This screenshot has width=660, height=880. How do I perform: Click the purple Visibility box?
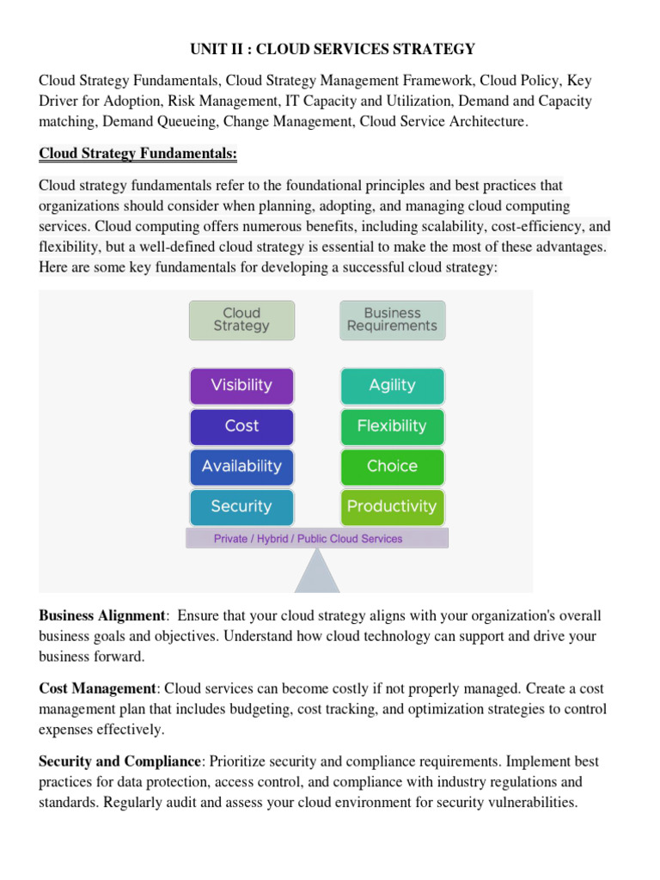coord(241,386)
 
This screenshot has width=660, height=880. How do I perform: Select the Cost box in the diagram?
coord(241,426)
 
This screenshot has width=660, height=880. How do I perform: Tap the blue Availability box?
coord(241,467)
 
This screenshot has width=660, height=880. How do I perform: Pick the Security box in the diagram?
coord(241,507)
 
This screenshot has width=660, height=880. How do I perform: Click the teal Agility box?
coord(392,386)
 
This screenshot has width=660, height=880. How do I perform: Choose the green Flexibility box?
coord(392,426)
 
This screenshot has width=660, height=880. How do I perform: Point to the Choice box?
coord(392,467)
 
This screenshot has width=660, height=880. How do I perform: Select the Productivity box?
coord(392,507)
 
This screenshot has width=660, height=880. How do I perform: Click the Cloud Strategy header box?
coord(241,320)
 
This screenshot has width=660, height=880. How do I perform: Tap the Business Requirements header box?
coord(392,320)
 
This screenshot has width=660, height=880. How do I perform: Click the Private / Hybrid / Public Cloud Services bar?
coord(316,539)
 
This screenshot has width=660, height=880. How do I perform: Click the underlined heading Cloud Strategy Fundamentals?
coord(137,154)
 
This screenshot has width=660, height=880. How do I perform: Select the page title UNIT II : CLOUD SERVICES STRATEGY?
coord(330,48)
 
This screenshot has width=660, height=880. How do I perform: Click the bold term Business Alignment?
coord(101,616)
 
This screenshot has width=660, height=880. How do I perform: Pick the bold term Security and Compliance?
coord(119,761)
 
